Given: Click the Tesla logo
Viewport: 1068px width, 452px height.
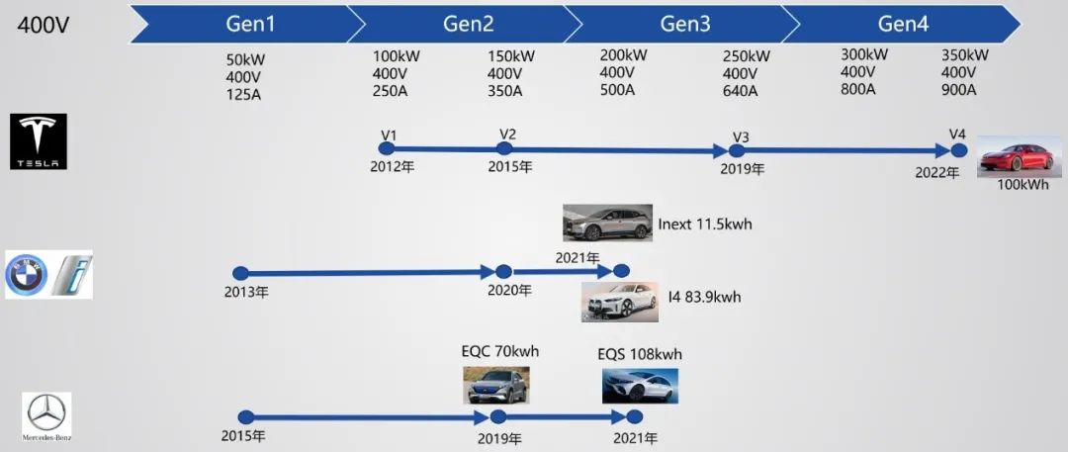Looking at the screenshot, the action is click(x=39, y=140).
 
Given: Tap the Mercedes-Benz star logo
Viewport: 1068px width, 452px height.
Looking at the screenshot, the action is click(x=46, y=414).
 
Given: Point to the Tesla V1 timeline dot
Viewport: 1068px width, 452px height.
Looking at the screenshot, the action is click(x=386, y=148).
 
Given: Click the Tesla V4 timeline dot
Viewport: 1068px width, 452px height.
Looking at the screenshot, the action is click(x=958, y=150).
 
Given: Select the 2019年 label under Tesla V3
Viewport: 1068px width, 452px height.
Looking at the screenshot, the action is click(x=743, y=168).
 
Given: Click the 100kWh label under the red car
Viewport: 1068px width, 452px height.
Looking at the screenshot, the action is click(x=1023, y=185).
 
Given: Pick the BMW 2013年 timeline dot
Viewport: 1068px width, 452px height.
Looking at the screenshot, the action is click(x=239, y=273).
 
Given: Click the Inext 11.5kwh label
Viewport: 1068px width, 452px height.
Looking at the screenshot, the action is click(x=704, y=225).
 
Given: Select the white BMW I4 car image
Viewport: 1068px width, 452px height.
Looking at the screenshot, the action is click(x=619, y=302).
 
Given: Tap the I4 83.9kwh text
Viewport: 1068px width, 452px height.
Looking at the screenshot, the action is click(x=704, y=297).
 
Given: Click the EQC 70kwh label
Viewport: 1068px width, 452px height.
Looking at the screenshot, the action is click(x=499, y=351).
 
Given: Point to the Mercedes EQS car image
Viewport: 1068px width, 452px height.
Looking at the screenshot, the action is click(x=640, y=386).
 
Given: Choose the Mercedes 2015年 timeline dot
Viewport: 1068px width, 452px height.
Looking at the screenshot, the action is click(x=246, y=417).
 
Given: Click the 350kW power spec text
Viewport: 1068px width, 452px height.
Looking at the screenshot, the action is click(x=964, y=55).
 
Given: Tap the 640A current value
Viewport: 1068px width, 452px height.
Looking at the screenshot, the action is click(x=741, y=91).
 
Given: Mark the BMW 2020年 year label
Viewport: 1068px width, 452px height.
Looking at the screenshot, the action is click(x=509, y=291).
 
